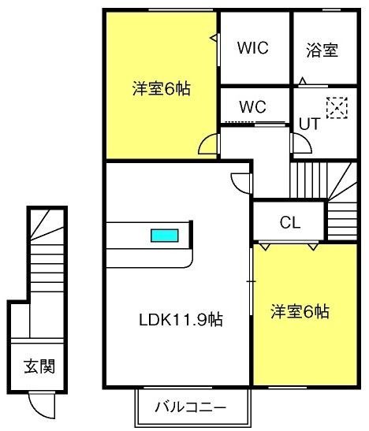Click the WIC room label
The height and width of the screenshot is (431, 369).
252,48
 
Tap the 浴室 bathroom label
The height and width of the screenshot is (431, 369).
322,50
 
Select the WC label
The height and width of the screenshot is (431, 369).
252,106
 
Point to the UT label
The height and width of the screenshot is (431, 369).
310,124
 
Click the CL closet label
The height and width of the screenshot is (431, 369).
290,222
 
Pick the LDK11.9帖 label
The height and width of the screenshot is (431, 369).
181,319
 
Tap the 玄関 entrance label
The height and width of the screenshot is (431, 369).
39,366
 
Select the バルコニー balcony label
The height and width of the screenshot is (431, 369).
190,407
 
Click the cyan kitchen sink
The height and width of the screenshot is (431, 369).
165,236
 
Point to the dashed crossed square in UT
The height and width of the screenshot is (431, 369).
337,108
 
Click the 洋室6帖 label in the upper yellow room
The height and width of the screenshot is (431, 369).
162,88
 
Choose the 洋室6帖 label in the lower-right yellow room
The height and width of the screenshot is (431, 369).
300,311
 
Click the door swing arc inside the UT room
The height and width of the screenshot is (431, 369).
307,140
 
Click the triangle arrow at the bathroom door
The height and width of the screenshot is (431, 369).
303,81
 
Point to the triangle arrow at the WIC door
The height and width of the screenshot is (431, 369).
214,38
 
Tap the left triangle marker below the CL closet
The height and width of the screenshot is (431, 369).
265,247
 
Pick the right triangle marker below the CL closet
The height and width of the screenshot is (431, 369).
313,247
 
